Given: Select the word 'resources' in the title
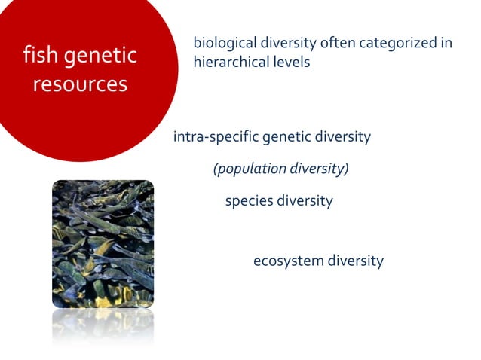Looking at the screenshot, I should [80, 84].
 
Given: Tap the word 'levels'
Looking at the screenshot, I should [290, 63].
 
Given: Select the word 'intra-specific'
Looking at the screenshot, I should [216, 137].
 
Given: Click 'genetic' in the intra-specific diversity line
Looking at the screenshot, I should [288, 137].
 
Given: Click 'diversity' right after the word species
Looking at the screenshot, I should [305, 201].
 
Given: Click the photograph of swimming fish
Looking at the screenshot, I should [103, 243].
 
